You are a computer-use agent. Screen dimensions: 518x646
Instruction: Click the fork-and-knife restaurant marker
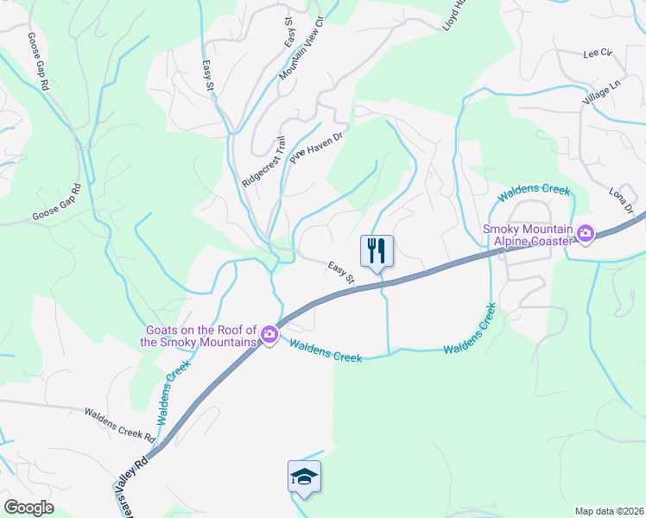point(377,251)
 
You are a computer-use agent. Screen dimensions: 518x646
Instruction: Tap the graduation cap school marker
point(304,477)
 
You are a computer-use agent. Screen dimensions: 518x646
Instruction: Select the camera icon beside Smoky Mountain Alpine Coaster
point(586,233)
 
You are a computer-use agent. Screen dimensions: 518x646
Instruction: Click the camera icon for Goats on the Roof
point(269,335)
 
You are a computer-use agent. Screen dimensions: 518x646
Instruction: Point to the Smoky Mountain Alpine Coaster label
point(529,234)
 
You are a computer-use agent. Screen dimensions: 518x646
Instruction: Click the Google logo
point(28,508)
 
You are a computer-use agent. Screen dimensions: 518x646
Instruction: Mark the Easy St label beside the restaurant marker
point(342,273)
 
